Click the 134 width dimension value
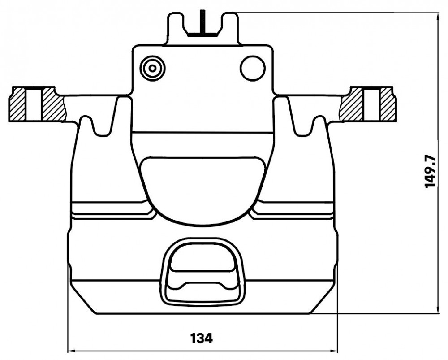(x=202, y=338)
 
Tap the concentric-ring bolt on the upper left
(x=153, y=68)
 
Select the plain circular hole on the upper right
(x=253, y=68)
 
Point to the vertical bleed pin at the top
(x=202, y=22)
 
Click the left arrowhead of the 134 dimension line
(x=71, y=351)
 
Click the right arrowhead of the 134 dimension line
(x=334, y=351)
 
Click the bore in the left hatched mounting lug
(x=34, y=104)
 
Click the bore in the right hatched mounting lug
(x=372, y=104)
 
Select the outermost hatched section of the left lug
(x=18, y=104)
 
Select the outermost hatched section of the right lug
(x=388, y=104)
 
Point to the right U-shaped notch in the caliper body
(x=304, y=126)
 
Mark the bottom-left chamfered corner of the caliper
(x=83, y=299)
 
